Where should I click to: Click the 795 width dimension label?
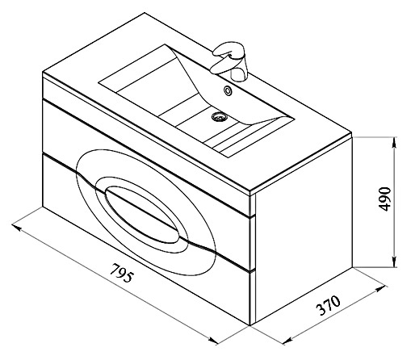pos(122,273)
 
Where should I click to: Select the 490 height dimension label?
pos(384,199)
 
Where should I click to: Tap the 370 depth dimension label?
pos(328,305)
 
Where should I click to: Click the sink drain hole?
pos(220,116)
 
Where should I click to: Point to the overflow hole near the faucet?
pos(228,90)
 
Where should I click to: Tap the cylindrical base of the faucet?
pos(239,73)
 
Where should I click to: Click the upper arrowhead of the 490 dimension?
pos(395,143)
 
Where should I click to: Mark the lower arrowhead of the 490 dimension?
pos(395,262)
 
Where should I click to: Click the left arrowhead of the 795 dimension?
pos(17,228)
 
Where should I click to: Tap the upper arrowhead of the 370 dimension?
pos(381,289)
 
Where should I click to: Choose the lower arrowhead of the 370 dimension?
pos(288,341)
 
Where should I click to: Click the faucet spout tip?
pos(214,69)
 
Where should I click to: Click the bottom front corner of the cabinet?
pos(250,325)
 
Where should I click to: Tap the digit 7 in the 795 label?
pos(115,269)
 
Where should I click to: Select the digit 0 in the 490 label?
pos(384,190)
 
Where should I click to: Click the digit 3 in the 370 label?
pos(321,309)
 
